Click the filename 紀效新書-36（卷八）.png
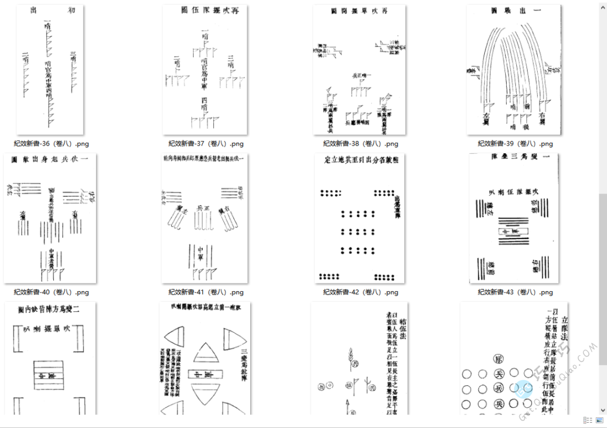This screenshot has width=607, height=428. coord(51,144)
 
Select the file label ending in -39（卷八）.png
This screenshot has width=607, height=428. coord(515,144)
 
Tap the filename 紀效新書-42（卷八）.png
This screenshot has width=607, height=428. coord(360,292)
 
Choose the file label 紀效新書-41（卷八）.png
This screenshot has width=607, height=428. coord(206,292)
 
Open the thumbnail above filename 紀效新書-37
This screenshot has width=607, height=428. coord(206,70)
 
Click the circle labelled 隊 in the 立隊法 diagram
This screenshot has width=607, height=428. coord(498,359)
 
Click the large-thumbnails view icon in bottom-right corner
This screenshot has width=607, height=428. coord(599,420)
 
